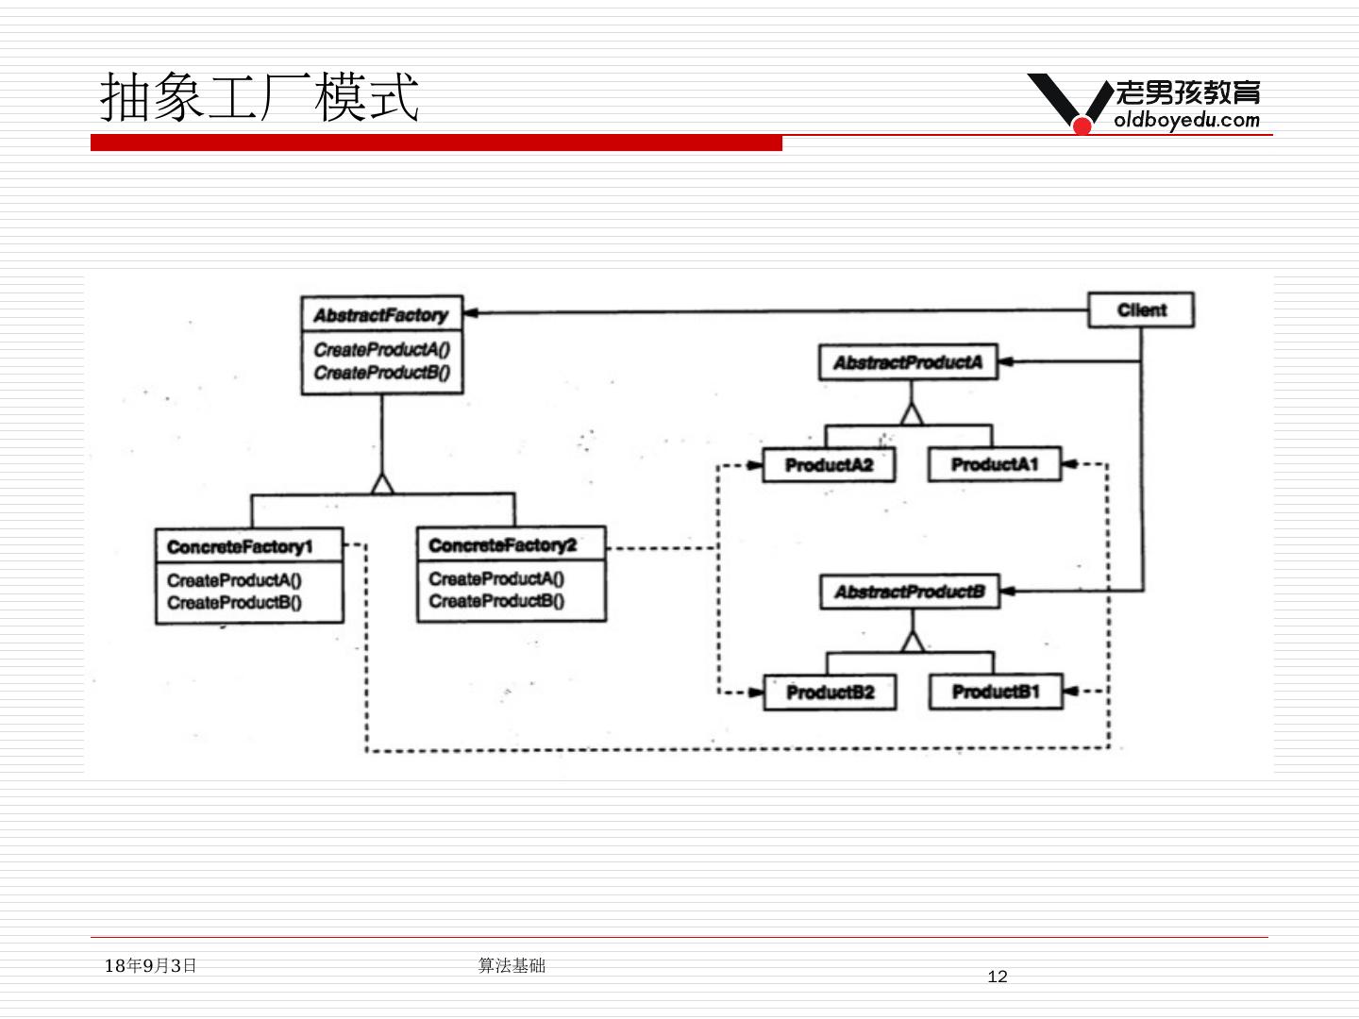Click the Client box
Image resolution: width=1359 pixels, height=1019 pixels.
click(x=1141, y=310)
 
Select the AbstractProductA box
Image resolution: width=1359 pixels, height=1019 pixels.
click(x=908, y=362)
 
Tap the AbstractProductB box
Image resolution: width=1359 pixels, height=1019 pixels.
click(x=910, y=592)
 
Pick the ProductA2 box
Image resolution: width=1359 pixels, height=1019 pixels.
click(x=829, y=464)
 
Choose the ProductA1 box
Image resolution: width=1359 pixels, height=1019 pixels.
click(x=995, y=464)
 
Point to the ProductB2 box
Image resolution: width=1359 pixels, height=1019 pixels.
click(x=830, y=693)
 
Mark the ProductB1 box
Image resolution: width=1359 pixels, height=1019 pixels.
click(x=996, y=691)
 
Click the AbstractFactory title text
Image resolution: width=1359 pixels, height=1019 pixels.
click(x=380, y=315)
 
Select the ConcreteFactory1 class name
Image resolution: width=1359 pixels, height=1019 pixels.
click(x=240, y=547)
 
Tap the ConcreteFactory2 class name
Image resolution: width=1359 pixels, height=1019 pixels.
click(x=502, y=545)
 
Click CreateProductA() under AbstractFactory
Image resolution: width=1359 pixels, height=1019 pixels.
click(x=382, y=349)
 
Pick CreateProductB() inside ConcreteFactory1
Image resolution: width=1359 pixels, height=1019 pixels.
click(x=235, y=603)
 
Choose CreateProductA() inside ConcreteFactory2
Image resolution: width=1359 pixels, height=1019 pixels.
click(x=496, y=578)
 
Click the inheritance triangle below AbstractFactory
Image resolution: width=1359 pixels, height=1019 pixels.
click(x=382, y=484)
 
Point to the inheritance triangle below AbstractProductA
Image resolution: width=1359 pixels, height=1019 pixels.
click(x=912, y=414)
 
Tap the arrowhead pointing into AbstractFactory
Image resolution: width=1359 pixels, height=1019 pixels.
click(x=470, y=313)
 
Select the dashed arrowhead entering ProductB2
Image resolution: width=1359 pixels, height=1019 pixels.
click(x=756, y=693)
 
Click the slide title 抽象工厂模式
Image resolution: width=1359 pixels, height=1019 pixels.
click(x=260, y=96)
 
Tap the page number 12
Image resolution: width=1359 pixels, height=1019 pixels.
click(x=998, y=977)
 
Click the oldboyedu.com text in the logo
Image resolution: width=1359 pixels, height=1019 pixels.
click(x=1186, y=120)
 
